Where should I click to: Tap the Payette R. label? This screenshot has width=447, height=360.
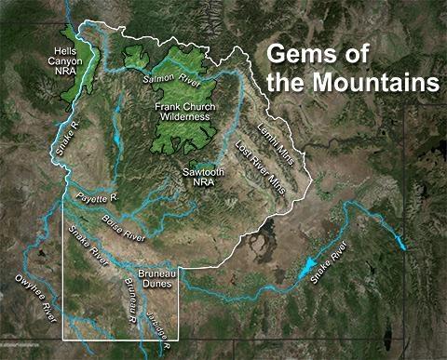(92, 197)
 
